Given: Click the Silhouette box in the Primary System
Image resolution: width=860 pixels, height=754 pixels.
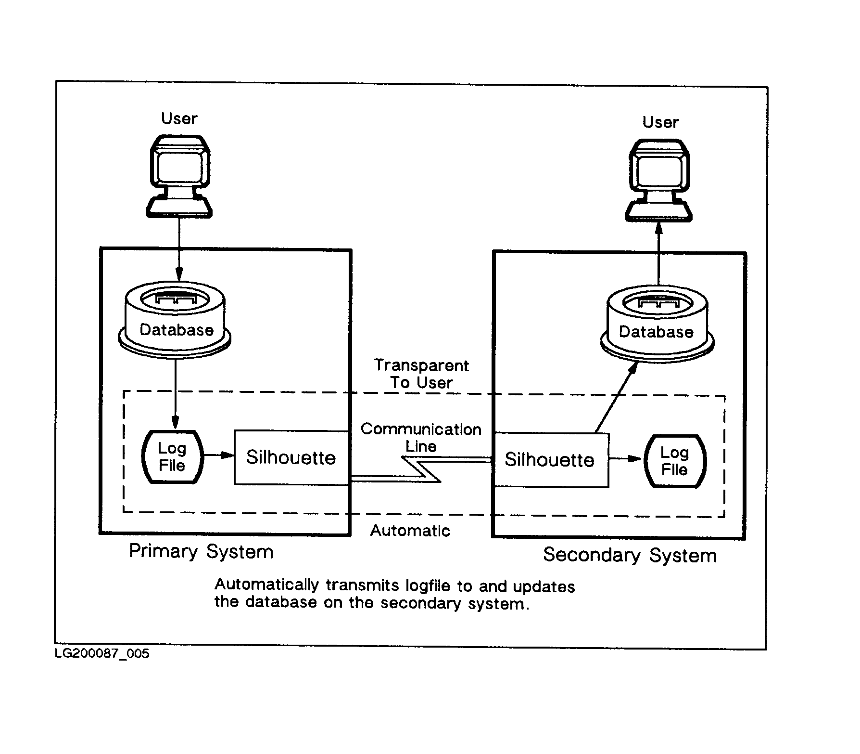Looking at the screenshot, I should (x=291, y=457).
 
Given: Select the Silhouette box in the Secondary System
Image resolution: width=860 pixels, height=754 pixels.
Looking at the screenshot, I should (x=551, y=460).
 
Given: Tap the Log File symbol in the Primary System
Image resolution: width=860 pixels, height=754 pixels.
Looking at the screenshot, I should (x=172, y=457).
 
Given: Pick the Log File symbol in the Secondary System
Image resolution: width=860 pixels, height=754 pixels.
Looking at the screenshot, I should (x=674, y=461).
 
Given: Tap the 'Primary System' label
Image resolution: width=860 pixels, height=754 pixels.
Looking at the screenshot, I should (x=201, y=551).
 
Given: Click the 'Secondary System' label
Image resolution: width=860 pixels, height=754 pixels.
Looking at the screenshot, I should (x=630, y=555).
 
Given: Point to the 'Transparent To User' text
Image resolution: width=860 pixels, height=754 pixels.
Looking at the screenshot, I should (x=421, y=374).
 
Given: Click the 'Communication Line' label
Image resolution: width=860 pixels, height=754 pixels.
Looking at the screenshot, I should (x=421, y=438).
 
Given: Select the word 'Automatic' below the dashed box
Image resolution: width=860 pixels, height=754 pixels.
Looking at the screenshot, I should (x=410, y=531).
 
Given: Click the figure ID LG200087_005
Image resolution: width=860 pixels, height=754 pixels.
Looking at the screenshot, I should (x=102, y=654).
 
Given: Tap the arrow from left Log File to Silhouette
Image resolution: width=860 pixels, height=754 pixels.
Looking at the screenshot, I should (x=219, y=455).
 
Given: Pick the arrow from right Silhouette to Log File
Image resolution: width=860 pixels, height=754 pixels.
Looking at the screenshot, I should (x=625, y=459).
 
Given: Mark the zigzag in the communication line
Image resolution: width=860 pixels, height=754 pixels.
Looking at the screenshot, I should (x=421, y=469).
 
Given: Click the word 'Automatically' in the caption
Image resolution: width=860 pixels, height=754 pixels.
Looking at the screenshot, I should (x=266, y=585).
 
